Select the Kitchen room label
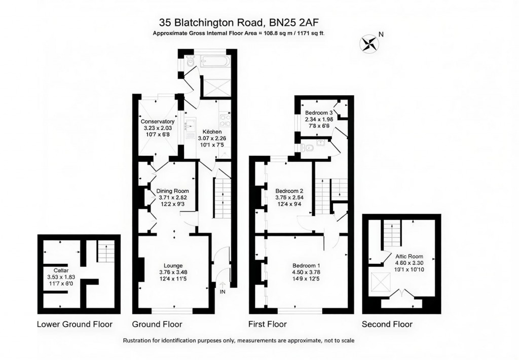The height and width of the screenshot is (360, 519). (206, 130)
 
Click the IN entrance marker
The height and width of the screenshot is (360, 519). (223, 292)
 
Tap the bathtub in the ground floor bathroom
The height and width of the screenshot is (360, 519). (215, 62)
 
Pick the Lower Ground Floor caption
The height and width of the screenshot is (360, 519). (75, 324)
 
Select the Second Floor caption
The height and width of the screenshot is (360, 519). (387, 324)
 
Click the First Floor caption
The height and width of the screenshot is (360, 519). (267, 324)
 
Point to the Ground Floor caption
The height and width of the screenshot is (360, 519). (157, 324)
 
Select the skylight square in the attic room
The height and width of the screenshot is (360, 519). (378, 281)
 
